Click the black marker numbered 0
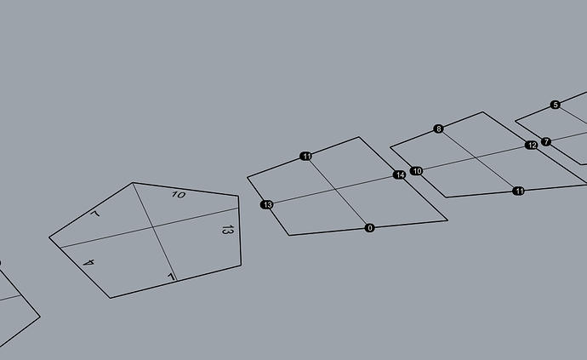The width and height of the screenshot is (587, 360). (369, 228)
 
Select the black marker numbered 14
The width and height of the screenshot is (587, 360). (400, 175)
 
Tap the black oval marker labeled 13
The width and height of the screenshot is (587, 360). (267, 205)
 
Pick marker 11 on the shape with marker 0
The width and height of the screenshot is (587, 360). (306, 157)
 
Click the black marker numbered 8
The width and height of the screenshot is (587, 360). (438, 129)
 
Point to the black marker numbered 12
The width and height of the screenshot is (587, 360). (531, 145)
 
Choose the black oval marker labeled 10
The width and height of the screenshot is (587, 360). (417, 171)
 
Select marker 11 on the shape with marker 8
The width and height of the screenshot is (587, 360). (518, 191)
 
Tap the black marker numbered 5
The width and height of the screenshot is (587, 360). (556, 105)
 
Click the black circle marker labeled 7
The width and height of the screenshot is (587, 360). (546, 141)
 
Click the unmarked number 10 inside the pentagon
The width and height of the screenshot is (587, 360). (179, 195)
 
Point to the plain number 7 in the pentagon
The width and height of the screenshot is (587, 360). (95, 214)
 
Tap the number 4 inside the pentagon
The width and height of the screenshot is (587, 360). (88, 262)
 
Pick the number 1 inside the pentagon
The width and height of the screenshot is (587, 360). (171, 277)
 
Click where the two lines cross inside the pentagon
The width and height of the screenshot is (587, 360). (153, 226)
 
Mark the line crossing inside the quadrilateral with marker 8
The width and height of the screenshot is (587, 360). (476, 157)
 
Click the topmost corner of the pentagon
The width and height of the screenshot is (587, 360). (133, 183)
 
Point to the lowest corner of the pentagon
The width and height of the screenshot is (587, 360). (111, 298)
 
